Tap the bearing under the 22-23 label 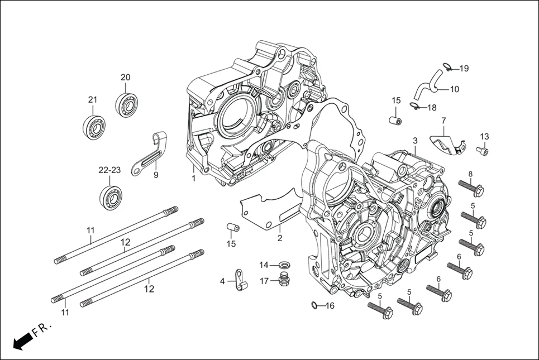pos(111,197)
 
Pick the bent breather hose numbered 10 pos(427,87)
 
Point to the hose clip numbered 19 pos(447,68)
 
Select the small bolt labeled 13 pos(482,150)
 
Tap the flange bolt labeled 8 pos(470,189)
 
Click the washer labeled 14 pos(283,264)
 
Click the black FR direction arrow pos(21,340)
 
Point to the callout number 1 pos(193,179)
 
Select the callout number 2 pos(280,238)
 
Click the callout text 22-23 pos(110,170)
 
